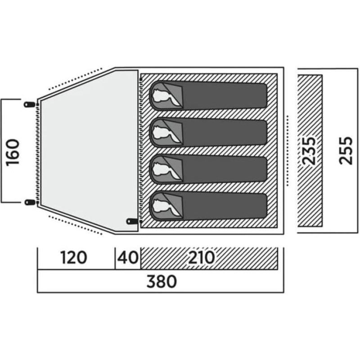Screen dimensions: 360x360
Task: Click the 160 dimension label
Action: (13, 152)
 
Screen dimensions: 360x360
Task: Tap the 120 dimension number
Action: (74, 257)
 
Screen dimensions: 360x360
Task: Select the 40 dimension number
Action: (128, 257)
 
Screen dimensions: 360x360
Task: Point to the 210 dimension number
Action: (201, 257)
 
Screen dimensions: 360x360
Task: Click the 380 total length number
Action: (162, 282)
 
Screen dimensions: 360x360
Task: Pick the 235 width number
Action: (309, 151)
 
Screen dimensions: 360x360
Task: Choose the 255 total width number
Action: (346, 151)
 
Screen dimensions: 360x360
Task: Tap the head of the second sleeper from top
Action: (162, 132)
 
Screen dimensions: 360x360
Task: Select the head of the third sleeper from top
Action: (162, 170)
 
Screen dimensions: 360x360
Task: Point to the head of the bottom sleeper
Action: (162, 207)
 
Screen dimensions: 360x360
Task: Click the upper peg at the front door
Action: (29, 104)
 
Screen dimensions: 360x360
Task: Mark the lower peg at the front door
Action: (30, 202)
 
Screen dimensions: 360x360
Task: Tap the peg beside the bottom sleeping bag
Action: (132, 221)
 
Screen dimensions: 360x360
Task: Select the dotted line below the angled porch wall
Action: (75, 225)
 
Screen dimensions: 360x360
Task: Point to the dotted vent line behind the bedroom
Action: (288, 151)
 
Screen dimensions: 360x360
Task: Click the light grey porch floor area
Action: (90, 152)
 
